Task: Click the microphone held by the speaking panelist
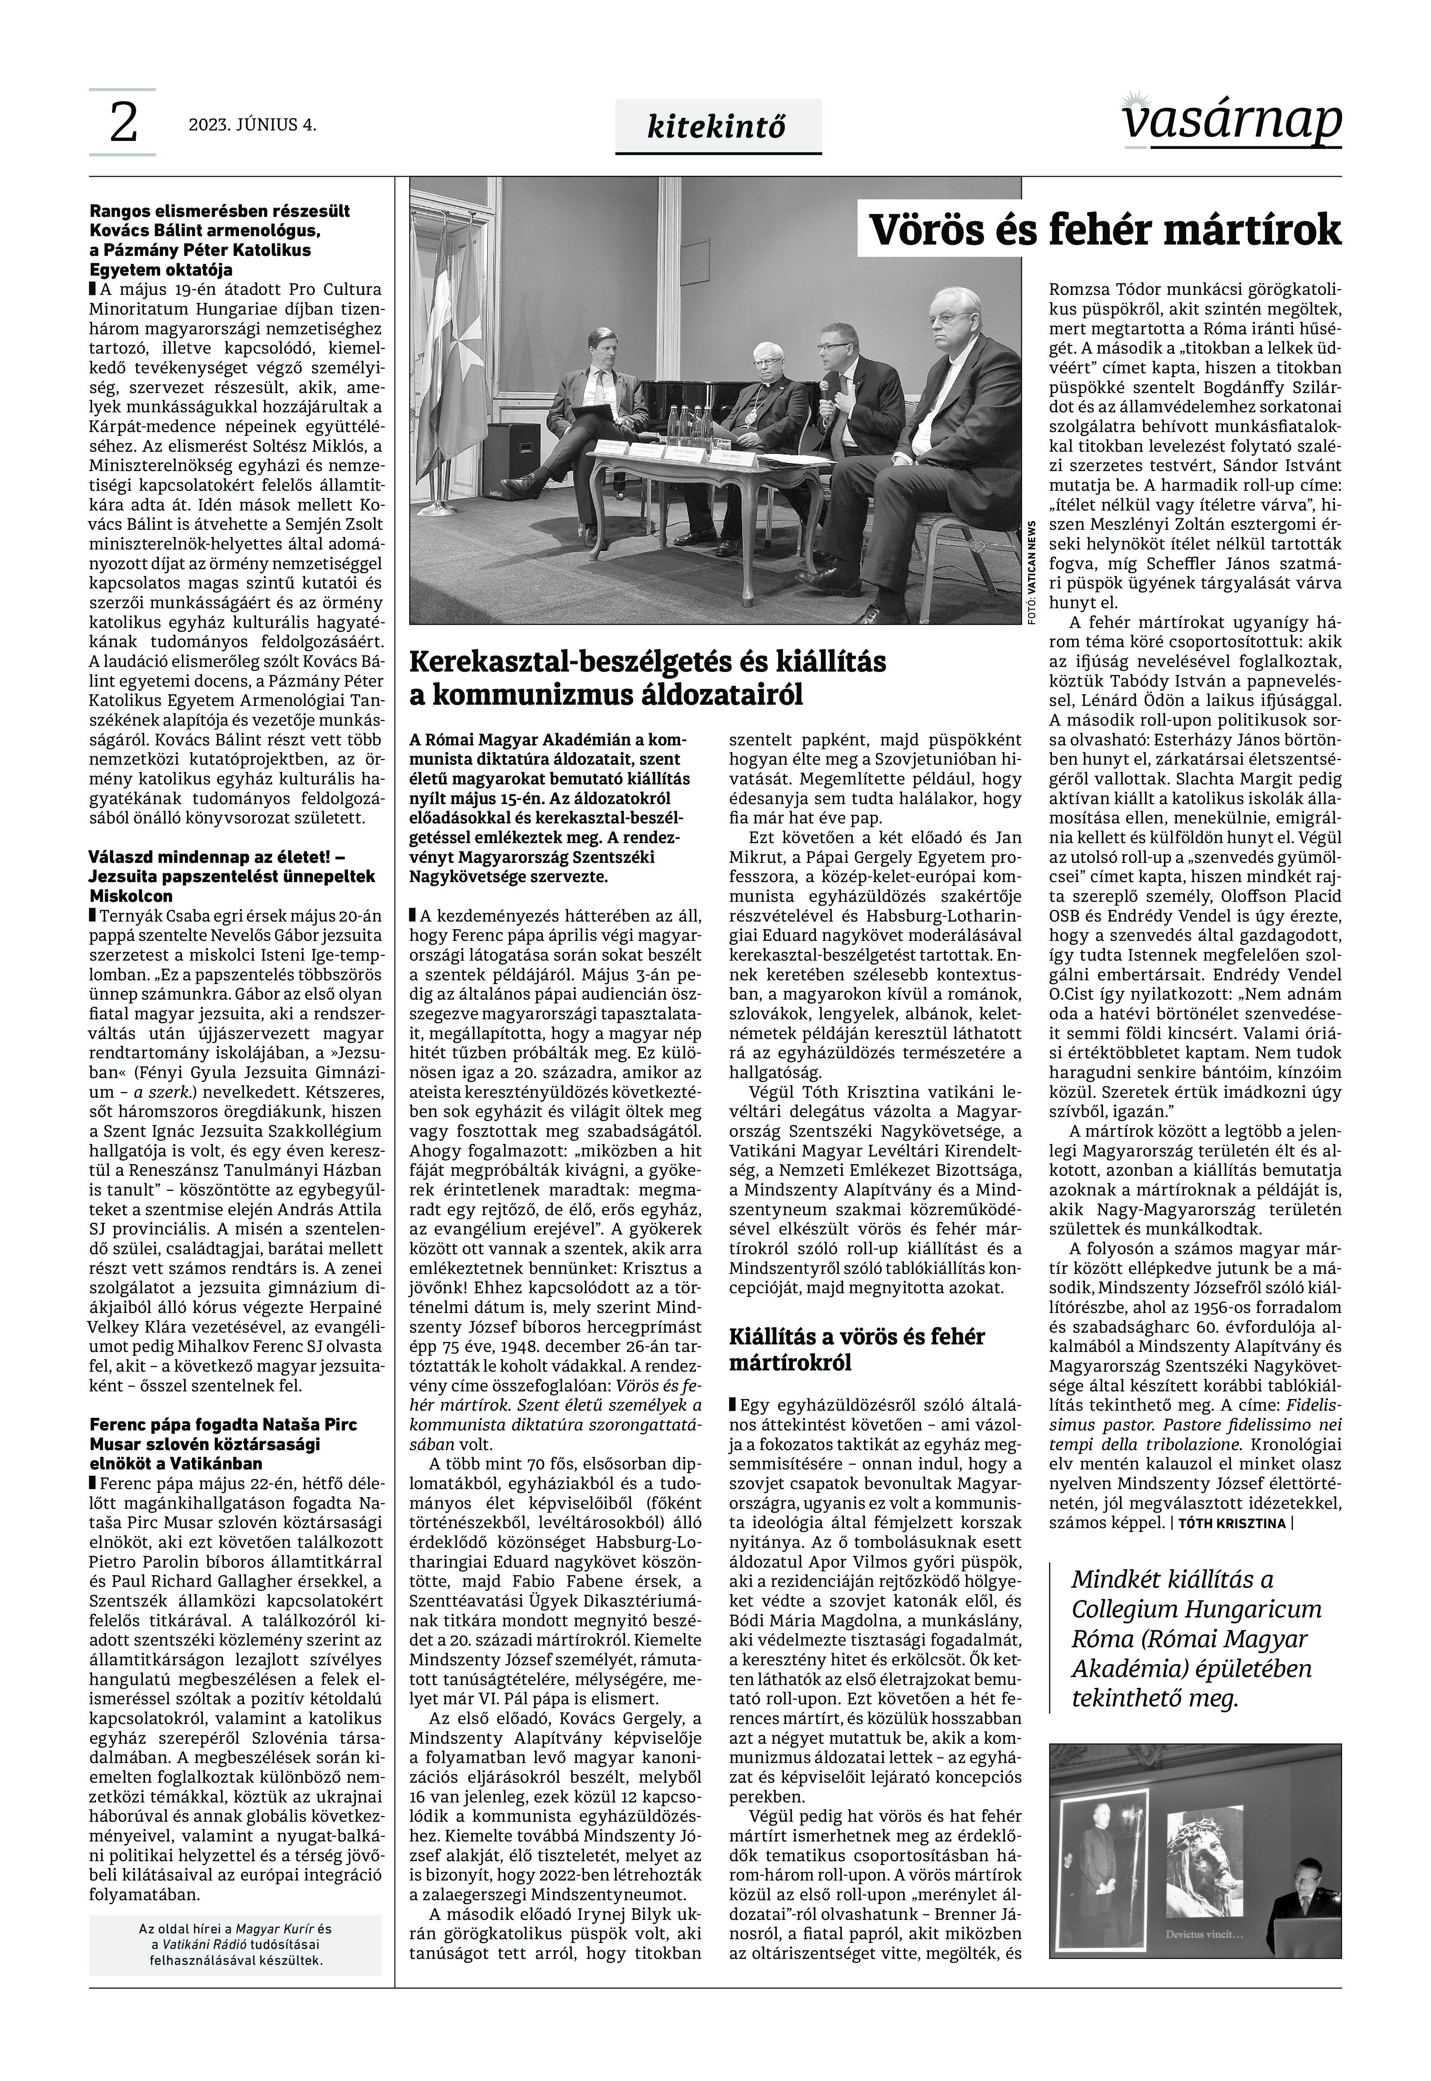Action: pos(823,388)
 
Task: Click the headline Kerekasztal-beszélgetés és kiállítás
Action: pos(647,678)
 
